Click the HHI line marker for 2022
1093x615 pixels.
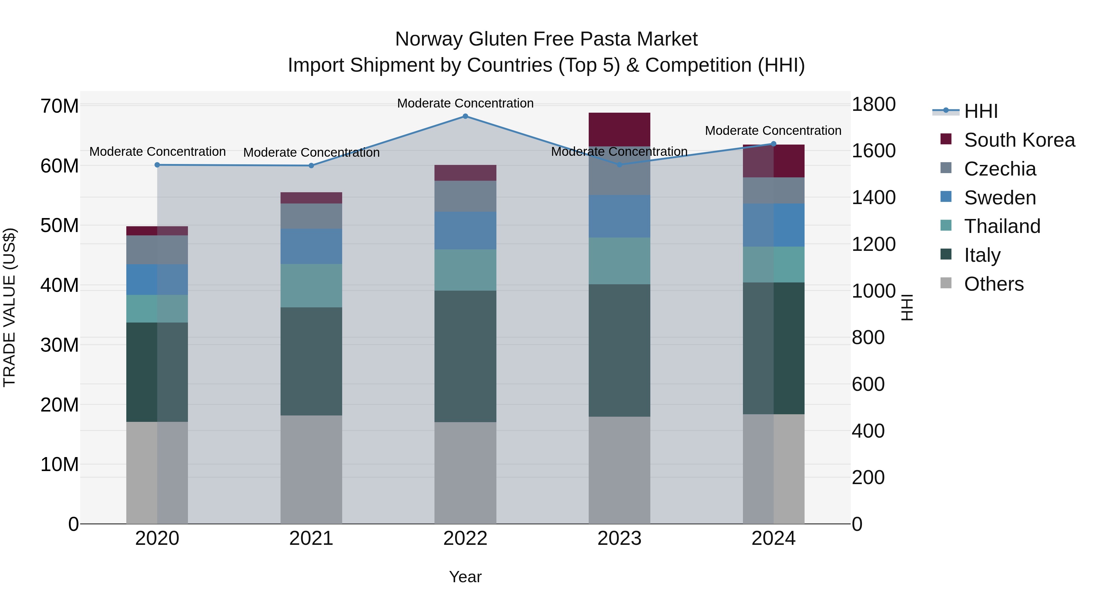point(465,116)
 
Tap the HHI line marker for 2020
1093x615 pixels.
point(157,165)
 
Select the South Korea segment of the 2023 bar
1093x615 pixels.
point(619,129)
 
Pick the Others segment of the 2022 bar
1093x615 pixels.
point(465,473)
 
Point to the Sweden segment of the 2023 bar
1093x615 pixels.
point(619,217)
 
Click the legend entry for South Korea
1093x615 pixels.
point(1019,140)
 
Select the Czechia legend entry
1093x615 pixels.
point(1000,169)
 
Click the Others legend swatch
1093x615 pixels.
point(946,283)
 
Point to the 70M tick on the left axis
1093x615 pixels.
point(60,106)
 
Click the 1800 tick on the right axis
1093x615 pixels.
point(873,104)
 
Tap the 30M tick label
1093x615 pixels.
point(60,345)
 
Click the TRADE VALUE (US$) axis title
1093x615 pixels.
point(9,307)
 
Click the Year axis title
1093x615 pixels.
point(465,577)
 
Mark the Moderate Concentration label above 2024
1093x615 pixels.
point(773,131)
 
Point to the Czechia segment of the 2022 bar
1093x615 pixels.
point(465,196)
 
